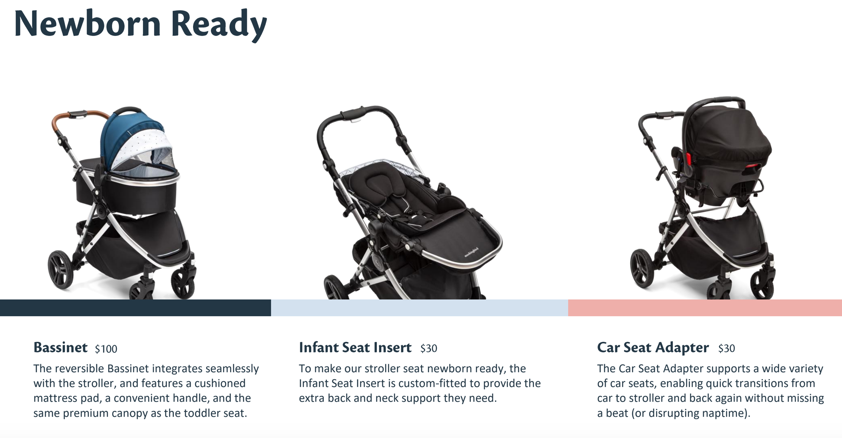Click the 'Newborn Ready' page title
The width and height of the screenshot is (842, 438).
tap(140, 24)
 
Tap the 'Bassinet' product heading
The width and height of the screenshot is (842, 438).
tap(60, 347)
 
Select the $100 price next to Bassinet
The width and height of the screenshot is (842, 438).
tap(106, 348)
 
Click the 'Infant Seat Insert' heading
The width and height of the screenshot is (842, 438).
tap(355, 347)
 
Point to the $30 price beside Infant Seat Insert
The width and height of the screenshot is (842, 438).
tap(429, 348)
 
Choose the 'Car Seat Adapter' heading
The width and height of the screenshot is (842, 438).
tap(653, 347)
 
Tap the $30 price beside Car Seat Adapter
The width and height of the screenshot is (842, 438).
tap(727, 348)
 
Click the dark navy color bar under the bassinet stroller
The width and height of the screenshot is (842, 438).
tap(135, 307)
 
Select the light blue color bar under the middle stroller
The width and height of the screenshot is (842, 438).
tap(419, 307)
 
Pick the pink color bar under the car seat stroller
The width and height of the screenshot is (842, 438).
tap(705, 307)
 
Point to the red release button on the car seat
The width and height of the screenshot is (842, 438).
tap(689, 159)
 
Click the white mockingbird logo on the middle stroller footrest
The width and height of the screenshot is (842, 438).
tap(472, 252)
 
